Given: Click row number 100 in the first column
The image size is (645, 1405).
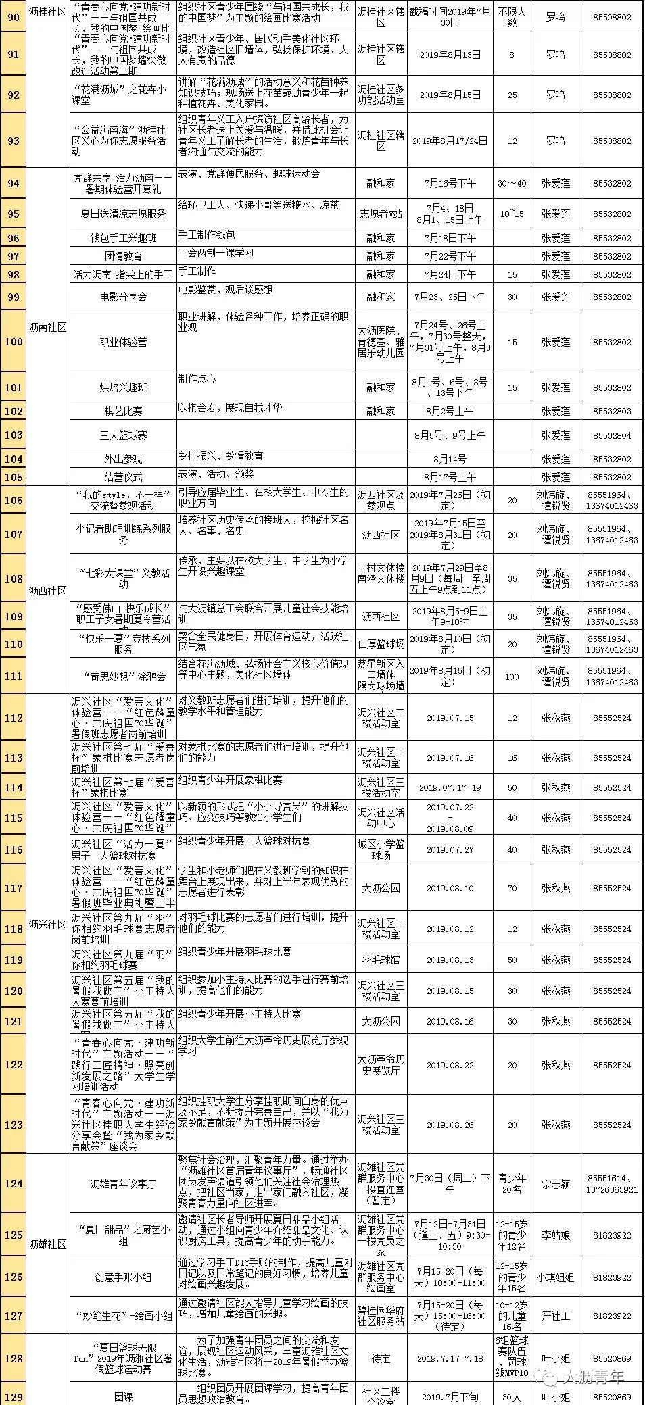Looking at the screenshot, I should (x=14, y=341).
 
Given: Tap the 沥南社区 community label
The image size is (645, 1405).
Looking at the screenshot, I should (x=48, y=327).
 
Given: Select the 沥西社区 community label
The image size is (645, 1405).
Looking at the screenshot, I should (x=48, y=591).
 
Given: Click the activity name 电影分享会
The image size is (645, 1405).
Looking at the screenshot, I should (x=123, y=297).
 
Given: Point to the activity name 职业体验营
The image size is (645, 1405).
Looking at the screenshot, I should (x=123, y=342).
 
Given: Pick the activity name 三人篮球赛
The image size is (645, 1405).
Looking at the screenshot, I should (x=123, y=435).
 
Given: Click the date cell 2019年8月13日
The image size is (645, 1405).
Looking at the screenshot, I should (x=450, y=55).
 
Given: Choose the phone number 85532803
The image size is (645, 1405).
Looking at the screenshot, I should (x=611, y=411).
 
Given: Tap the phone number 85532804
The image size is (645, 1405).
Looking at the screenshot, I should (x=611, y=435).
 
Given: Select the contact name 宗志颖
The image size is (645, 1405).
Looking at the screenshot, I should (x=555, y=1184).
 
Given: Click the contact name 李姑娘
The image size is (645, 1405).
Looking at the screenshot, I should (x=555, y=1235).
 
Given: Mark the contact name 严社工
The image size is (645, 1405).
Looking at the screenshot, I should (x=555, y=1316).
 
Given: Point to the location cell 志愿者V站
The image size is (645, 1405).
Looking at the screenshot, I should (x=381, y=214).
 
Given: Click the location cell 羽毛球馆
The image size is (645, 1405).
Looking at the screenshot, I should (x=381, y=960).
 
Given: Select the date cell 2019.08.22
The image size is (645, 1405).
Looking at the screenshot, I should (x=450, y=1065).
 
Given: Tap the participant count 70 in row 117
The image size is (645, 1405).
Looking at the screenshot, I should (x=512, y=889).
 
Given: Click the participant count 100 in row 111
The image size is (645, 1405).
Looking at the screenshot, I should (x=512, y=676).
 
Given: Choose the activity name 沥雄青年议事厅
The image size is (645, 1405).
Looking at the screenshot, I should (x=123, y=1184).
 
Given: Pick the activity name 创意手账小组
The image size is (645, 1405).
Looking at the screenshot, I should (x=123, y=1277).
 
